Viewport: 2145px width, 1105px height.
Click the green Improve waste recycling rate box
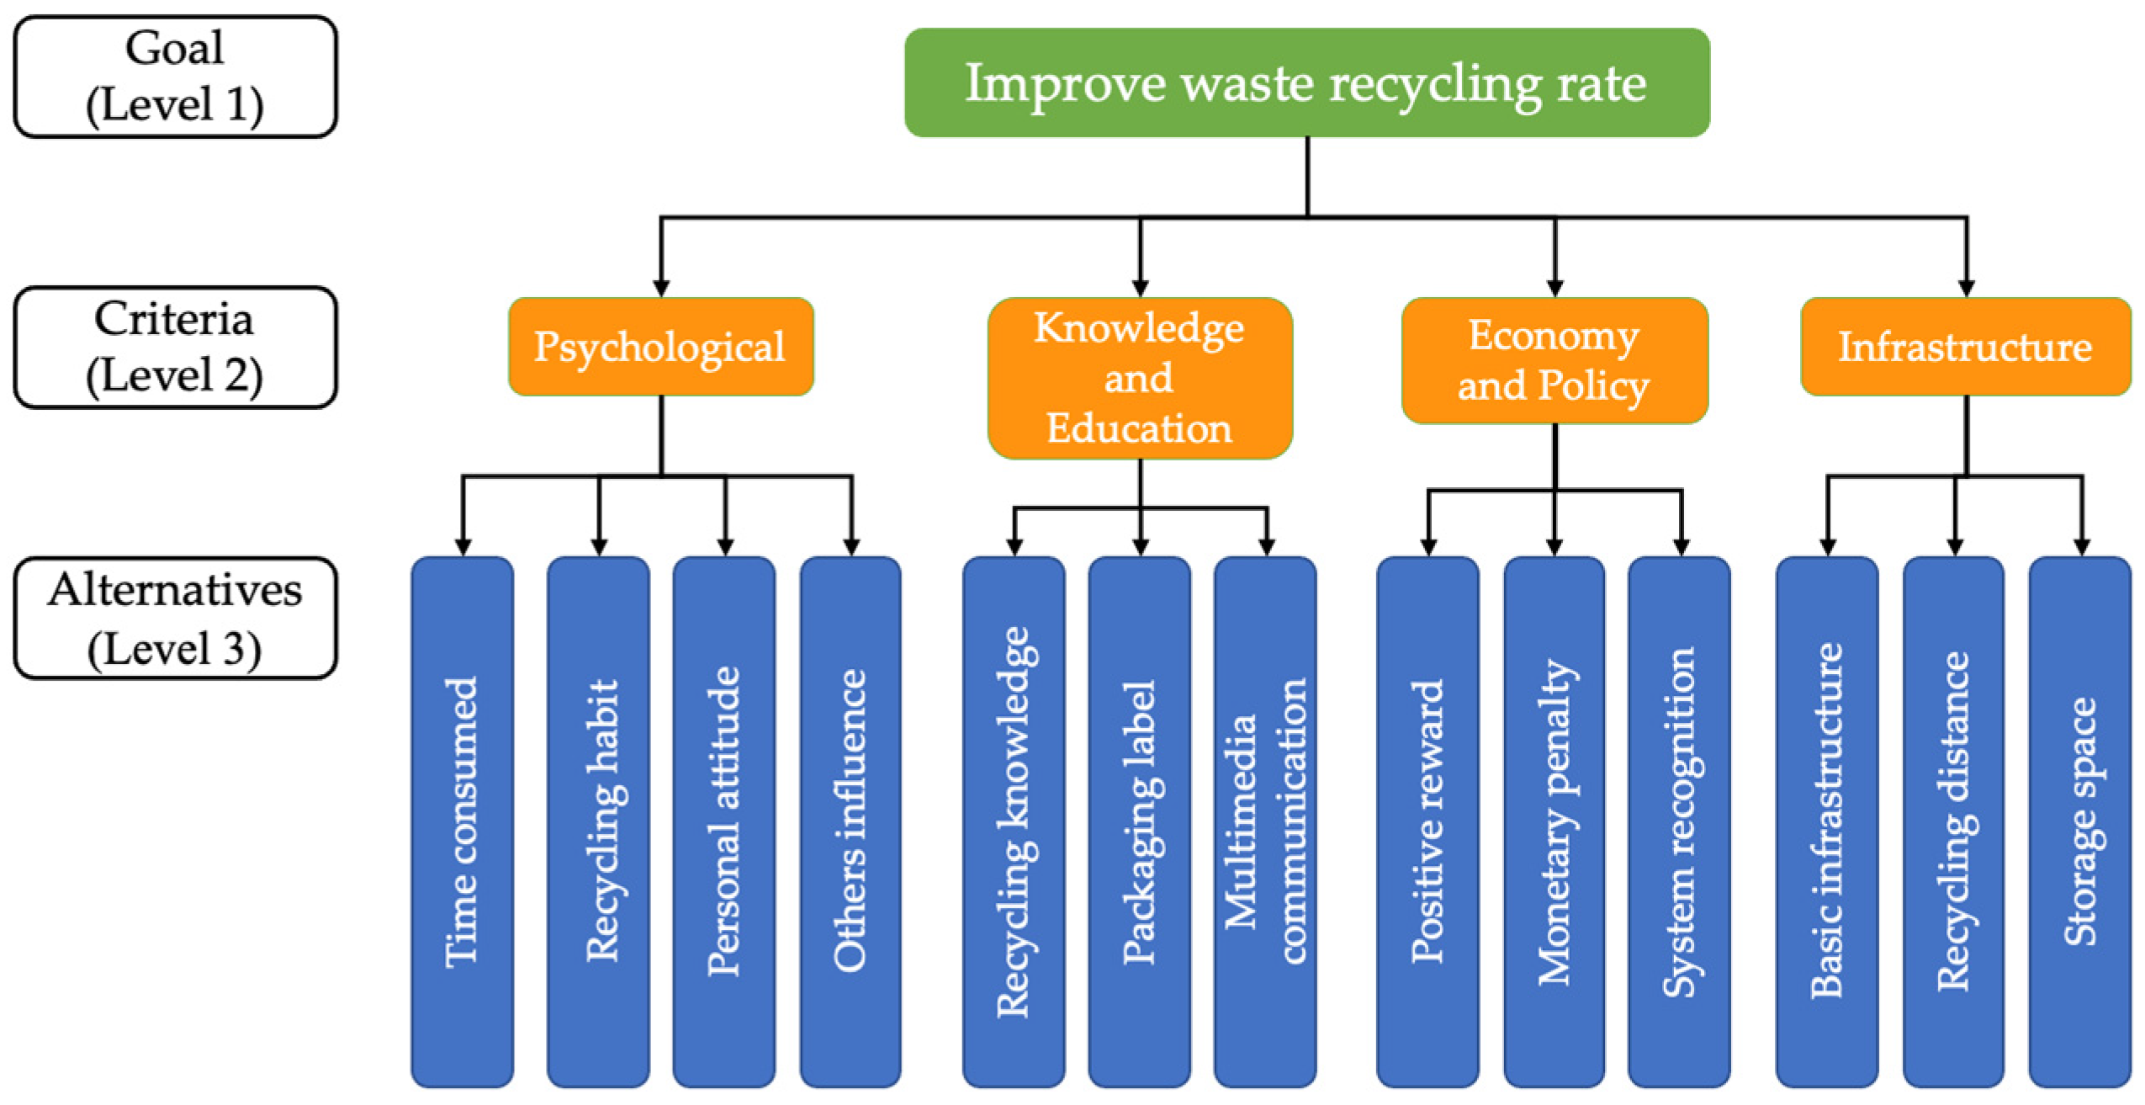(1306, 82)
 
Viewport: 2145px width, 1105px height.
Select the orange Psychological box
(660, 346)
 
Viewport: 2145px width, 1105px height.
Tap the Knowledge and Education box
(1139, 378)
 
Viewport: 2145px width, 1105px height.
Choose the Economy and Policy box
(1554, 360)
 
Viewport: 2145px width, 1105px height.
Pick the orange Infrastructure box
(1964, 346)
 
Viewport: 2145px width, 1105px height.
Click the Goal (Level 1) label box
(175, 77)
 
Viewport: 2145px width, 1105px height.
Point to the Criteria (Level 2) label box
(175, 348)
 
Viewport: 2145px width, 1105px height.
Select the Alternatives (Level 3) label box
(175, 619)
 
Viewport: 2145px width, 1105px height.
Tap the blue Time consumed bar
(462, 821)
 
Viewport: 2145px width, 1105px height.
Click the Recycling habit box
(598, 821)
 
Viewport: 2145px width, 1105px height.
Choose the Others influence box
(850, 821)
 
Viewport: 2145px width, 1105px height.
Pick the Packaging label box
(1139, 821)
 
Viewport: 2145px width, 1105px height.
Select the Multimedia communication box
(1264, 821)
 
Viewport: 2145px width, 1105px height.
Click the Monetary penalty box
(1553, 821)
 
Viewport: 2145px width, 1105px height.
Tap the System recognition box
(1679, 821)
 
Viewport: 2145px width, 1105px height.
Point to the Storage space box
(2079, 821)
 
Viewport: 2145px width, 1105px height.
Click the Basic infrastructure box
(1826, 821)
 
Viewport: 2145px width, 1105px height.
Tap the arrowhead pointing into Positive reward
(1428, 547)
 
